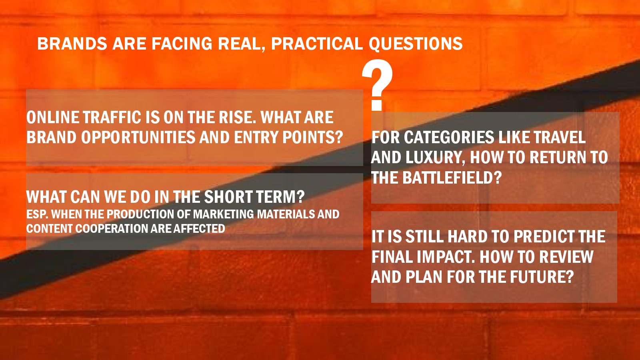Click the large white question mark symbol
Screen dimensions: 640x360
point(377,85)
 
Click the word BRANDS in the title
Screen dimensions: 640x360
point(72,44)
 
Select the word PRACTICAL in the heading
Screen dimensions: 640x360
point(317,44)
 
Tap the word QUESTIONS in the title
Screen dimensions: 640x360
point(416,44)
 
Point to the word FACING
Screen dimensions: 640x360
point(182,44)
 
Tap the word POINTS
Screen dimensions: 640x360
point(312,137)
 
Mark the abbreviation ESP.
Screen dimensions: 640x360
point(37,214)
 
